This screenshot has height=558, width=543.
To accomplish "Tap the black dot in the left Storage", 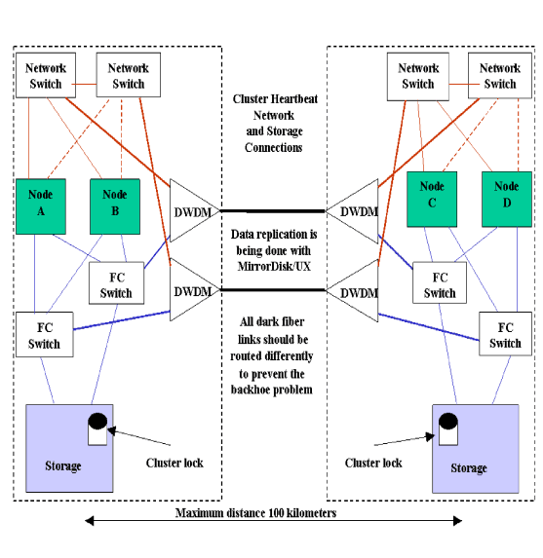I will pos(97,424).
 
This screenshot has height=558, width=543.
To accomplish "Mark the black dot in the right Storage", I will pos(448,424).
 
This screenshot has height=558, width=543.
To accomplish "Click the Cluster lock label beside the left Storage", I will pos(175,463).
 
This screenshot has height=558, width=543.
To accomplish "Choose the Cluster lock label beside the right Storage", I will pos(373,463).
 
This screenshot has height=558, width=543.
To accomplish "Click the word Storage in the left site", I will pos(63,465).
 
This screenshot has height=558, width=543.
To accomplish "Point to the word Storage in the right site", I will pos(468,467).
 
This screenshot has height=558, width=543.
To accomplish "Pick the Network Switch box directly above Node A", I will pos(44,76).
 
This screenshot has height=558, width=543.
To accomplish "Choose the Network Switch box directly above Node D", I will pos(499,76).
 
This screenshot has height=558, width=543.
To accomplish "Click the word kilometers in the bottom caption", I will pos(310,512).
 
